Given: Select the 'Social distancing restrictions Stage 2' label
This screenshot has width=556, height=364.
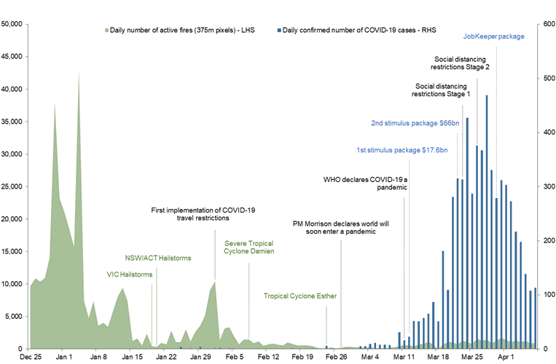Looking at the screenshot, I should [x=461, y=63].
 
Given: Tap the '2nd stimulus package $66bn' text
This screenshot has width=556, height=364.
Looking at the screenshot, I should [x=415, y=123].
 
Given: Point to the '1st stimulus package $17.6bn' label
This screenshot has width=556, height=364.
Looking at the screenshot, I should [x=402, y=150].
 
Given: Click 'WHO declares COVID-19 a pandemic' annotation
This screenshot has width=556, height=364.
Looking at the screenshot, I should [x=365, y=183].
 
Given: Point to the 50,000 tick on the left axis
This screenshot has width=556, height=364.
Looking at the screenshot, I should [x=14, y=24].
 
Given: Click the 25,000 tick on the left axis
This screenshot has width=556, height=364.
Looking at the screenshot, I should [x=14, y=186].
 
